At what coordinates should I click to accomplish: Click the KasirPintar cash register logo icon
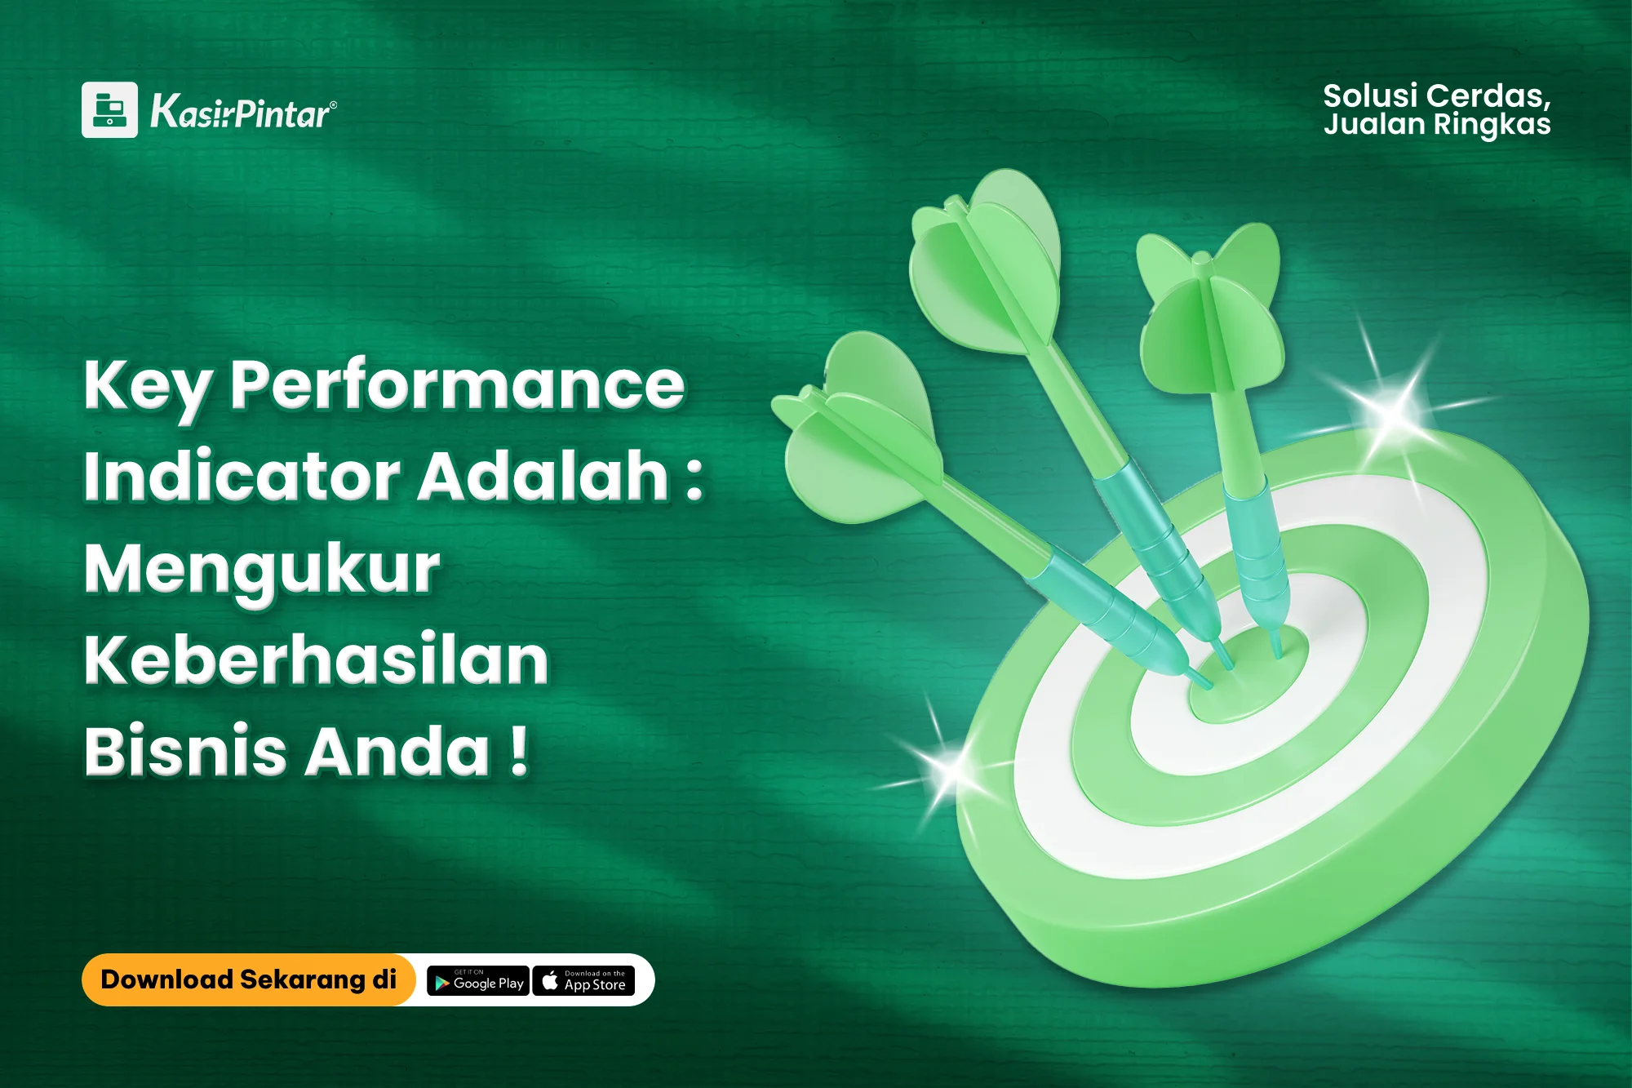click(109, 109)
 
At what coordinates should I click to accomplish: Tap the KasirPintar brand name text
click(243, 111)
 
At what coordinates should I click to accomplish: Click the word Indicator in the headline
click(242, 476)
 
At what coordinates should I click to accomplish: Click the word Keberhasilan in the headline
click(317, 659)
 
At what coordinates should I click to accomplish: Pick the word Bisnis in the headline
click(185, 751)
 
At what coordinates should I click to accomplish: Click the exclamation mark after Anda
click(519, 750)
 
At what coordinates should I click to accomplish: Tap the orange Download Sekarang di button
click(249, 979)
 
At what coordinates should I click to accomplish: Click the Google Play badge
click(478, 980)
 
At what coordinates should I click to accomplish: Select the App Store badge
click(583, 980)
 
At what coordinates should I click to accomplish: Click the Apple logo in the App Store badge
click(550, 979)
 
